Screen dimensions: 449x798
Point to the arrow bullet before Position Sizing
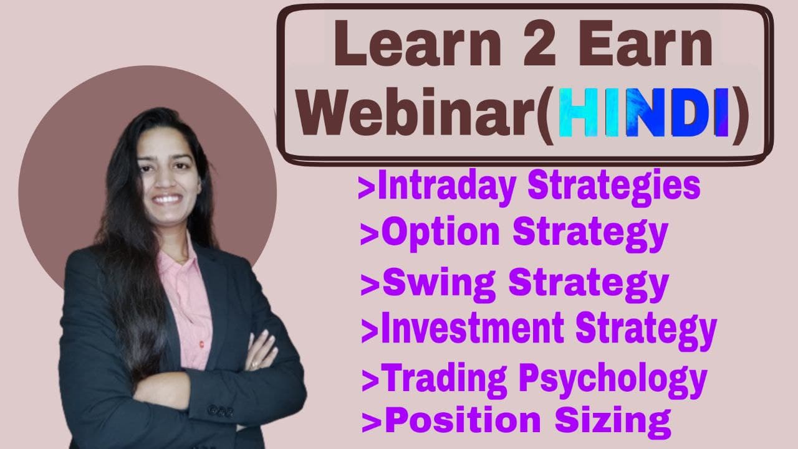tap(372, 422)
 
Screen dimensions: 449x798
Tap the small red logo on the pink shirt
tap(201, 344)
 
